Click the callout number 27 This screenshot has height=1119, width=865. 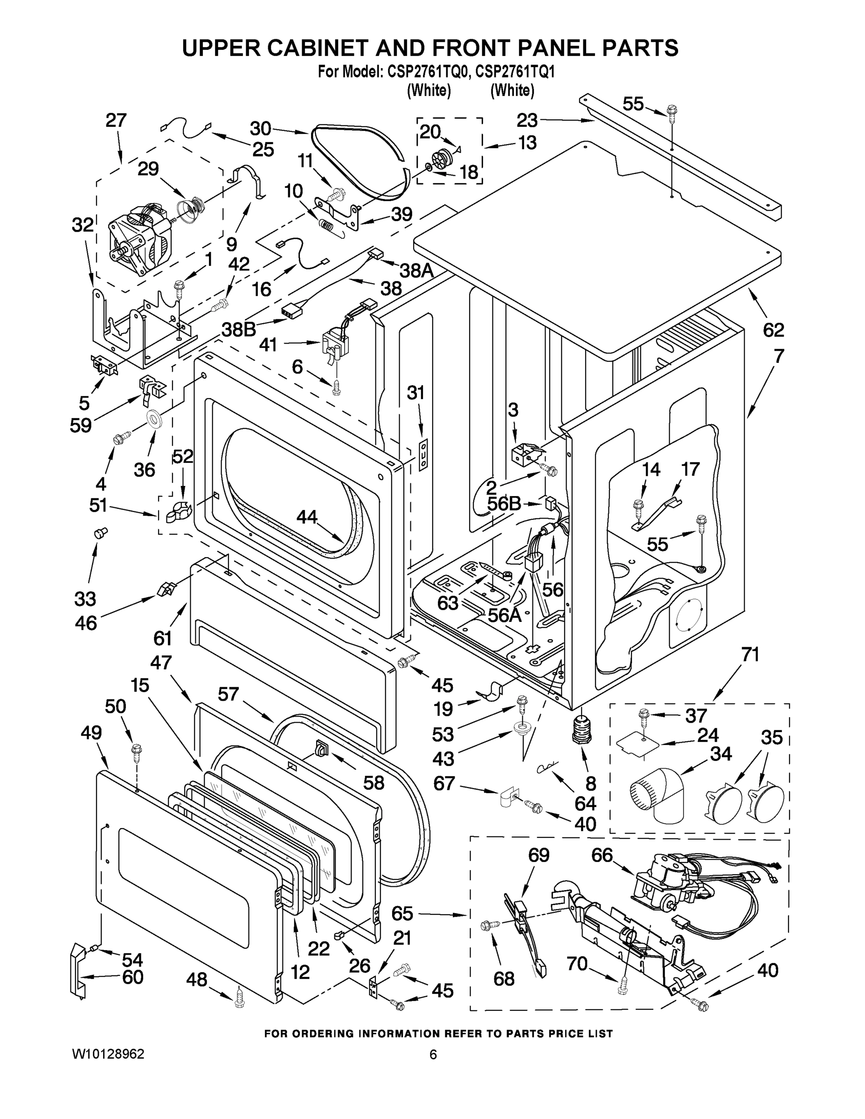pos(116,120)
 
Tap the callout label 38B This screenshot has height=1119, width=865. pos(239,329)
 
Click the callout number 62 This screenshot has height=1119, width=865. pos(773,330)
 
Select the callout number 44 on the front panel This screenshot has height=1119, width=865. pos(307,518)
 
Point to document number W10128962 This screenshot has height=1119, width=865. pos(108,1054)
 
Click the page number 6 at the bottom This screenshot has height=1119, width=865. pos(433,1055)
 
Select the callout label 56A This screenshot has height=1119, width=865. pos(504,615)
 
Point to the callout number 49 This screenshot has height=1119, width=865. pos(91,733)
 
